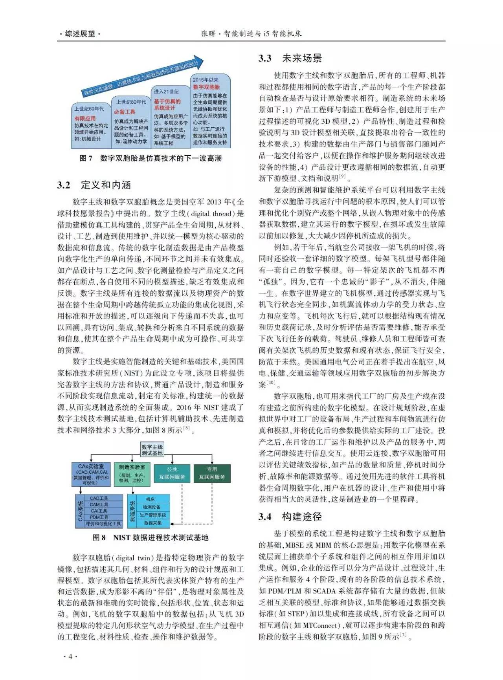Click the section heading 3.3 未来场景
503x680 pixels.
pos(290,59)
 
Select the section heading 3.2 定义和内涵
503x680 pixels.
pos(94,185)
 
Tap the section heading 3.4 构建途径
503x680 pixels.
pos(290,517)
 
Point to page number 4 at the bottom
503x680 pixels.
pos(70,656)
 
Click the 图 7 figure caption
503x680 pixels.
pos(151,158)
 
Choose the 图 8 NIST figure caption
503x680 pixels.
pos(150,538)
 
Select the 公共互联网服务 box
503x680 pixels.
pos(172,473)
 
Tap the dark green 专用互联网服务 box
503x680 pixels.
pos(212,473)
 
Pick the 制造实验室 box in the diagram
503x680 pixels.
pos(132,473)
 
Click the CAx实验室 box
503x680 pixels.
pos(91,474)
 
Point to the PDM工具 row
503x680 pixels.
pos(99,517)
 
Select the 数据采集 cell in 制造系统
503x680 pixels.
pos(152,523)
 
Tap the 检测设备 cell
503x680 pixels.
pos(152,507)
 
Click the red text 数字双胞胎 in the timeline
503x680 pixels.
pos(206,87)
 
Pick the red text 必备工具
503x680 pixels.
pos(125,112)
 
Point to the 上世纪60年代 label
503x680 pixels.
pos(89,109)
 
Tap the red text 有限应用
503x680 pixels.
pos(85,118)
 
